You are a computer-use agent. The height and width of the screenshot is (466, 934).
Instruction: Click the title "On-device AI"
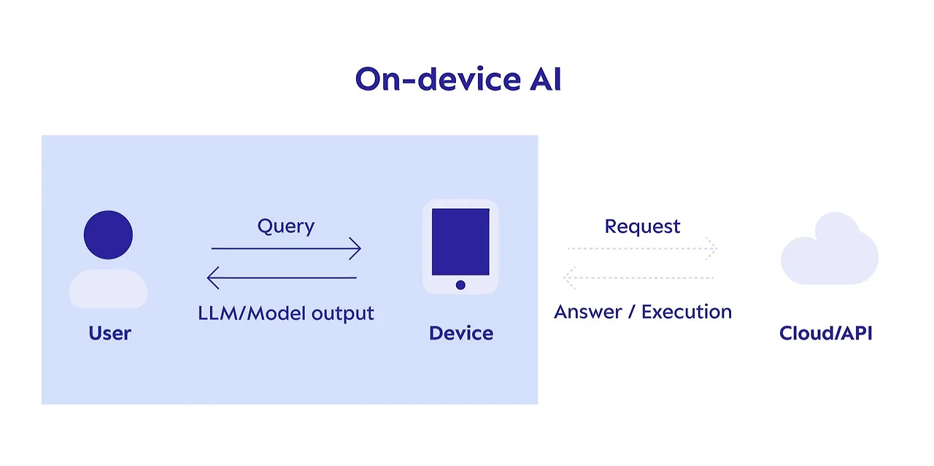point(458,79)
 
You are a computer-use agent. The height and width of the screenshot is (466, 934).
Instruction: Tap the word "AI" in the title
point(545,79)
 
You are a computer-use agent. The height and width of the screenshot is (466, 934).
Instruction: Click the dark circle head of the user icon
point(108,234)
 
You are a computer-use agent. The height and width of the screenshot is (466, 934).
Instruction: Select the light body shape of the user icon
point(108,289)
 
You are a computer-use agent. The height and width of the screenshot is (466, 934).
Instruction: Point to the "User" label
point(109,333)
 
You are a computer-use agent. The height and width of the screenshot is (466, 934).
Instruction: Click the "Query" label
point(285,226)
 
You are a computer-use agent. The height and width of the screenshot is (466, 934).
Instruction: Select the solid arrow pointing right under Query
point(285,249)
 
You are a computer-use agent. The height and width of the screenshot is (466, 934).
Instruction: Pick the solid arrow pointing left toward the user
point(282,278)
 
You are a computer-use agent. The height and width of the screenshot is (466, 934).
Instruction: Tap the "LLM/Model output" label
point(285,313)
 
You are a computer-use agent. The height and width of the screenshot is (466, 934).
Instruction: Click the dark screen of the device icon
point(460,242)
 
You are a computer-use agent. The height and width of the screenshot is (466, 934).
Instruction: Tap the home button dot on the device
point(460,285)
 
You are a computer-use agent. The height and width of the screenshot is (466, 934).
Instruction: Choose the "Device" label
point(460,333)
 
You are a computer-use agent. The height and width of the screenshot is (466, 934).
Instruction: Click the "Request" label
point(642,226)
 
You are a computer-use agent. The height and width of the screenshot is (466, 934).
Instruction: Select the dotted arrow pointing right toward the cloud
point(642,249)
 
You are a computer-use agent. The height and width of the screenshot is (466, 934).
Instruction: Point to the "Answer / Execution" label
point(642,312)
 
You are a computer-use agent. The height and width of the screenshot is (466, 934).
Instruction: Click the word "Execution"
point(686,312)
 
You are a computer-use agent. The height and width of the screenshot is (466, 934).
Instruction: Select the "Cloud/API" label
point(825,333)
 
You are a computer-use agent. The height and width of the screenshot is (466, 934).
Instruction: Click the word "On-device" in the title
point(436,79)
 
